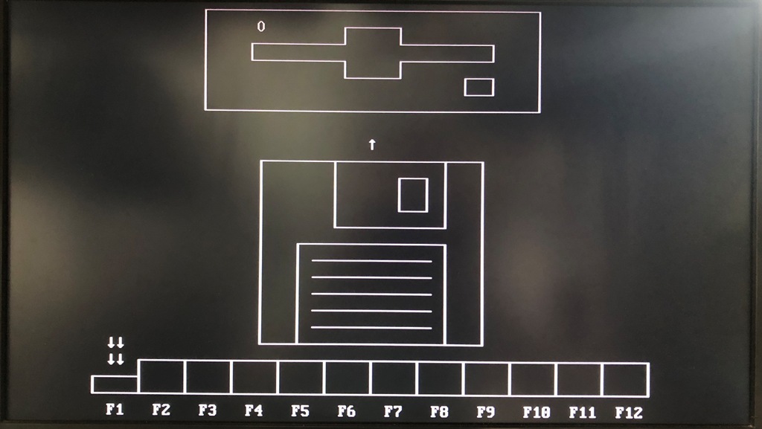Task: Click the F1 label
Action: pyautogui.click(x=114, y=410)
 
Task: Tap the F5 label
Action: pyautogui.click(x=300, y=410)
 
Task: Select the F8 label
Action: pyautogui.click(x=439, y=411)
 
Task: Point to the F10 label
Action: pyautogui.click(x=536, y=412)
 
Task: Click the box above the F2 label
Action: pyautogui.click(x=161, y=377)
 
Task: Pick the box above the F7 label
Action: pyautogui.click(x=394, y=378)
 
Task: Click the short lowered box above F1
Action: pyautogui.click(x=115, y=384)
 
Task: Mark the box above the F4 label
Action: pyautogui.click(x=254, y=378)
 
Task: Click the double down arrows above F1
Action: pyautogui.click(x=115, y=351)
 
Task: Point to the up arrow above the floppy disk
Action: pyautogui.click(x=372, y=144)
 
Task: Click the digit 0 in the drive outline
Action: pyautogui.click(x=261, y=27)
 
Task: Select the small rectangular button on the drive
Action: pyautogui.click(x=479, y=87)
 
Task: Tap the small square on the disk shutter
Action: pyautogui.click(x=413, y=195)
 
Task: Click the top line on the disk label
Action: pyautogui.click(x=371, y=261)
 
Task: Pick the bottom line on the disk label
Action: pyautogui.click(x=371, y=328)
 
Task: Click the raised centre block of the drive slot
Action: pyautogui.click(x=373, y=53)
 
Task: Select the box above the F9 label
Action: pyautogui.click(x=486, y=379)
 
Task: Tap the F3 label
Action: pyautogui.click(x=207, y=410)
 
